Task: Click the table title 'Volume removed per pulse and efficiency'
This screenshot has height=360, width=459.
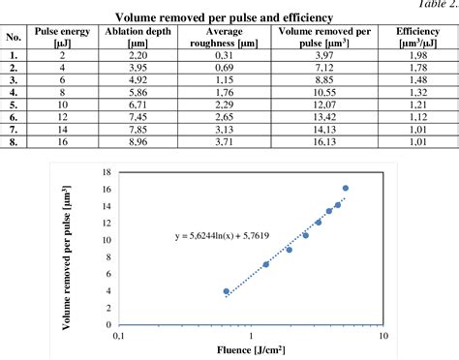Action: [x=224, y=17]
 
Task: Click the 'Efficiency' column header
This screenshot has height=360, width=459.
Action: [x=416, y=38]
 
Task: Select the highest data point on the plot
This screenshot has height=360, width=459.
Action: [x=346, y=189]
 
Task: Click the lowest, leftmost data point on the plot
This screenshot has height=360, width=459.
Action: [x=227, y=291]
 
